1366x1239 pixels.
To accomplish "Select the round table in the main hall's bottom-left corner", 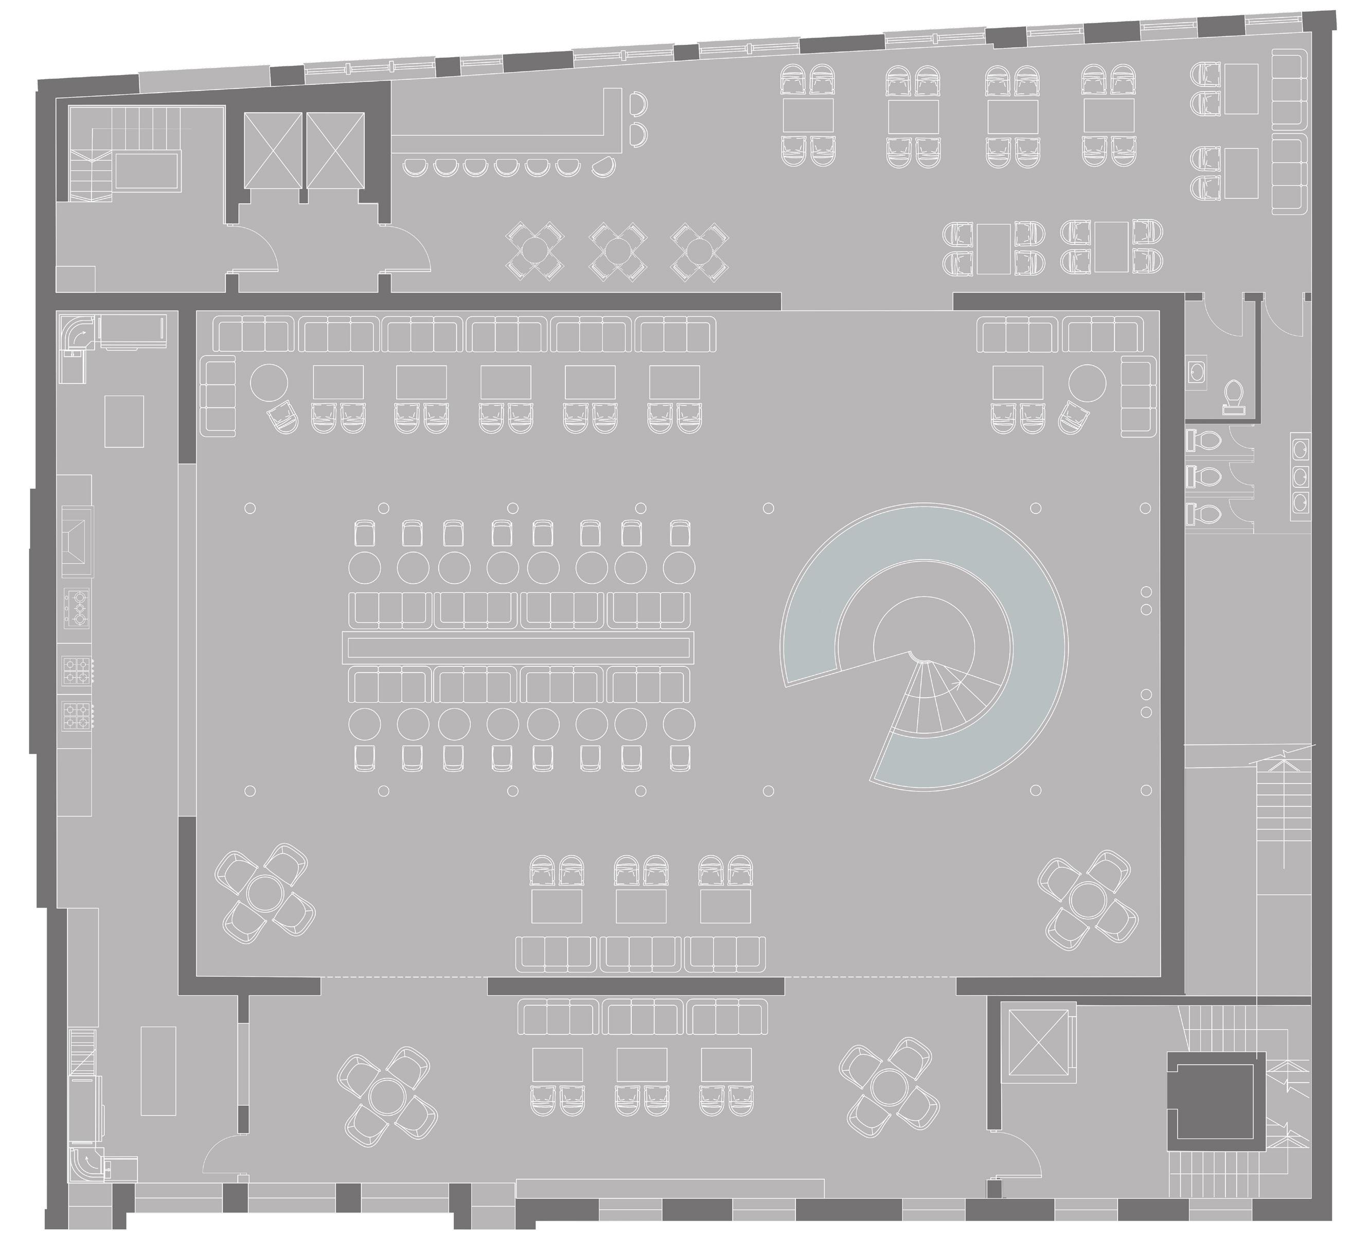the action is coord(264,893).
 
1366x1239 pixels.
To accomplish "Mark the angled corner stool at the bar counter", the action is coord(604,165).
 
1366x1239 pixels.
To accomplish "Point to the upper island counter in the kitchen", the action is coord(125,420).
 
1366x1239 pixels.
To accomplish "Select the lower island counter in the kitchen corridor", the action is coord(158,1070).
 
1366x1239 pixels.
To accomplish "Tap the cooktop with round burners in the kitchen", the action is coord(77,607).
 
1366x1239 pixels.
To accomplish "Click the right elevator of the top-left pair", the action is coord(335,150).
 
